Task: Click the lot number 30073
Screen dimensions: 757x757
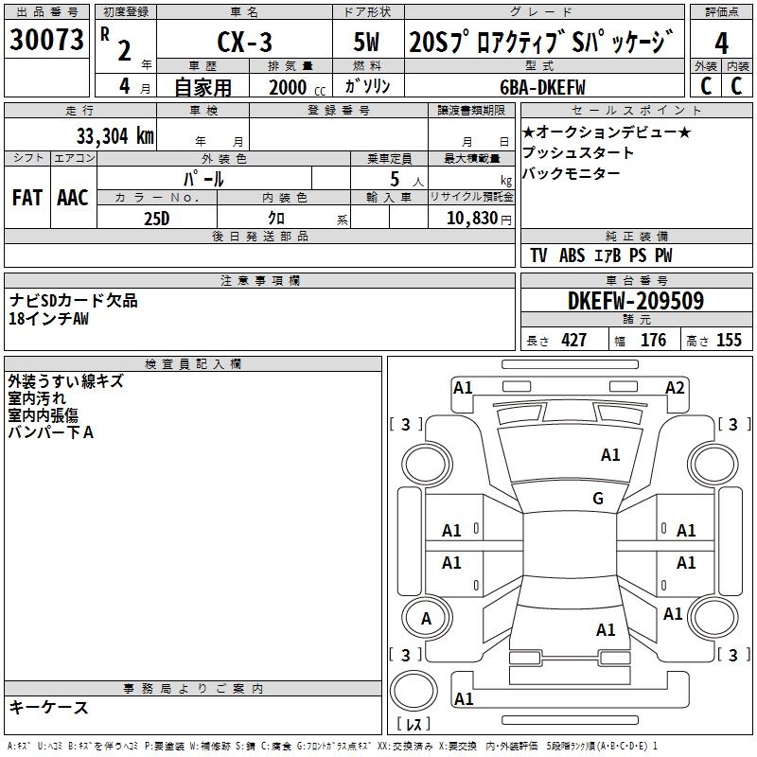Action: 46,39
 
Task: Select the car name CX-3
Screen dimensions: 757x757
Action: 244,42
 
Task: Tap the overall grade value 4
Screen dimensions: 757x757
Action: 721,44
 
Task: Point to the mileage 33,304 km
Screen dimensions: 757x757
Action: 114,136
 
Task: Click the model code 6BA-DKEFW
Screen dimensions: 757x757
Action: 542,87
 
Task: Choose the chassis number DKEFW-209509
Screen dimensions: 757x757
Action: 636,301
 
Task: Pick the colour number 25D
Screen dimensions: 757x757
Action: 157,219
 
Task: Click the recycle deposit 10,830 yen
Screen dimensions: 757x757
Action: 479,219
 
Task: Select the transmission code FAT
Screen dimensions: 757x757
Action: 27,198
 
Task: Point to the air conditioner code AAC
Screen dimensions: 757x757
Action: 73,198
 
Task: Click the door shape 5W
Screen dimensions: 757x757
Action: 366,42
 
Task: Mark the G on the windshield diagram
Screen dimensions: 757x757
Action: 598,498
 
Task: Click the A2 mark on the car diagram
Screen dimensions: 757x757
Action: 675,388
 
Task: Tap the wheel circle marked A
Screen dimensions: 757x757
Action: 427,618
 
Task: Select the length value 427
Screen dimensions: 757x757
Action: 573,340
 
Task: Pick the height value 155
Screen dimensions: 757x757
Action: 729,340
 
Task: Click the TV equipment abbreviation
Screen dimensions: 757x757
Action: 538,255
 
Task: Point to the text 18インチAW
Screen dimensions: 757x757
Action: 49,319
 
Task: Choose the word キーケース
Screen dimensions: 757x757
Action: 49,707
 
